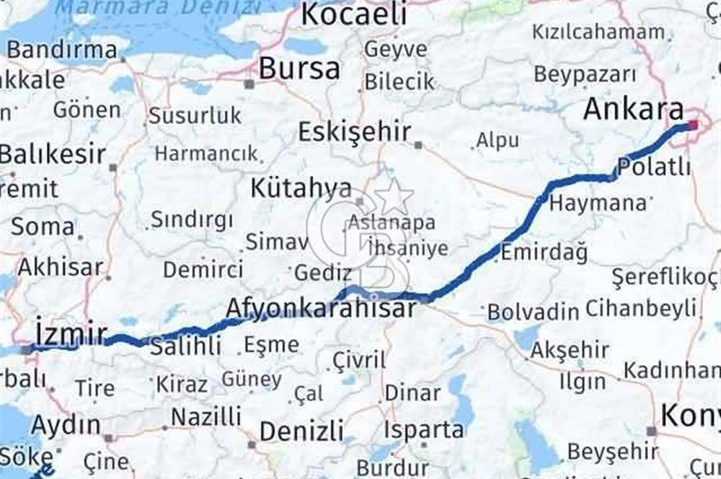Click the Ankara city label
[x=633, y=110]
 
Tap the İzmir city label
[x=71, y=333]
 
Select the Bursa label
[x=299, y=69]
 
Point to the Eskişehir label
[x=355, y=132]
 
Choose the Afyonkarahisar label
[x=321, y=309]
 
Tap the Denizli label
[x=301, y=431]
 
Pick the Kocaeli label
[x=354, y=14]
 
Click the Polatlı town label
[x=654, y=167]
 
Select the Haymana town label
[x=598, y=203]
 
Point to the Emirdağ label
[x=544, y=252]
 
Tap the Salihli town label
[x=185, y=346]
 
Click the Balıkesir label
[x=52, y=154]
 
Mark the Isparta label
[x=423, y=430]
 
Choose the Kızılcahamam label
[x=598, y=32]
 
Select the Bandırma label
[x=62, y=50]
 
